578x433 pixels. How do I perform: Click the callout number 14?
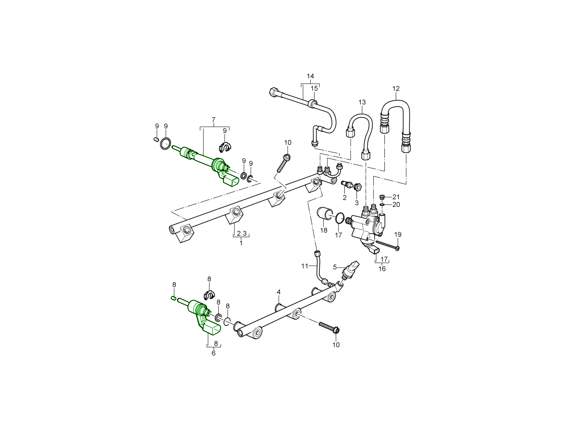(310, 76)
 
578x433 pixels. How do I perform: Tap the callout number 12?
(396, 89)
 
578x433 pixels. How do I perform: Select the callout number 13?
(362, 102)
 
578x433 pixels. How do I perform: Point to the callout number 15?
(314, 89)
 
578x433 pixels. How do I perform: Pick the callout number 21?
(396, 197)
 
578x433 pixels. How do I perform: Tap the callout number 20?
(396, 204)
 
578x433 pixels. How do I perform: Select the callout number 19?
(398, 234)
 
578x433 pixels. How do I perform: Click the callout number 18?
(324, 231)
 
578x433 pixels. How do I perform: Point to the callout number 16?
(382, 269)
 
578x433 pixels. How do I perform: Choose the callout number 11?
(304, 266)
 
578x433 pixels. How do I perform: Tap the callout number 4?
(278, 292)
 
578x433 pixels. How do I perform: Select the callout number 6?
(213, 353)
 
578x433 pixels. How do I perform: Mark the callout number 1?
(241, 243)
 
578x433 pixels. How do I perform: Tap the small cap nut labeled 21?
(382, 197)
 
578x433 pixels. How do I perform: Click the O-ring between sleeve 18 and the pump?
(340, 218)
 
